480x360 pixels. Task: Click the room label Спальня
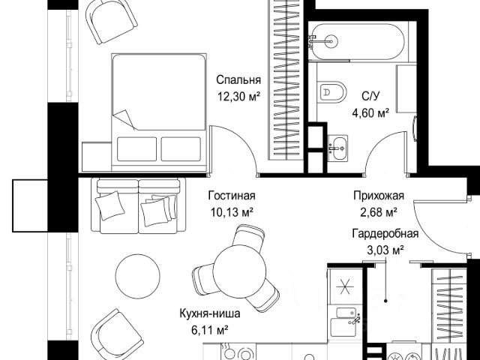[x=238, y=80]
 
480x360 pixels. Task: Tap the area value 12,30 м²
[x=238, y=97]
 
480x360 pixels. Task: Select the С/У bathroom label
[x=370, y=96]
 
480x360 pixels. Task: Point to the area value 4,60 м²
[x=370, y=113]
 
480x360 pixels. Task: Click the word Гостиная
[x=232, y=196]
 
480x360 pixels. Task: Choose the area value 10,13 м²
[x=232, y=211]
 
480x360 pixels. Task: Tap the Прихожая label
[x=379, y=196]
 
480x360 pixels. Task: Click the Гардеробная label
[x=385, y=234]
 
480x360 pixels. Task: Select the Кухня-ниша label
[x=210, y=313]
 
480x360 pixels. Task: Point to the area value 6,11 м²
[x=210, y=330]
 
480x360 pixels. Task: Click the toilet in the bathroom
[x=331, y=91]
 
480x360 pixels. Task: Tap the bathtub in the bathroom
[x=357, y=41]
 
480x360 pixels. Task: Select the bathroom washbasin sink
[x=337, y=148]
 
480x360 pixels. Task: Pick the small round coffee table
[x=138, y=276]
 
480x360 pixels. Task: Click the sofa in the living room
[x=138, y=205]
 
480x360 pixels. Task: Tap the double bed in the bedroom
[x=159, y=112]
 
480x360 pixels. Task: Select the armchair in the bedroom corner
[x=111, y=20]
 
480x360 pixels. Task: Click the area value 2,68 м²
[x=379, y=211]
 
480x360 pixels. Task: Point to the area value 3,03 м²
[x=385, y=250]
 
